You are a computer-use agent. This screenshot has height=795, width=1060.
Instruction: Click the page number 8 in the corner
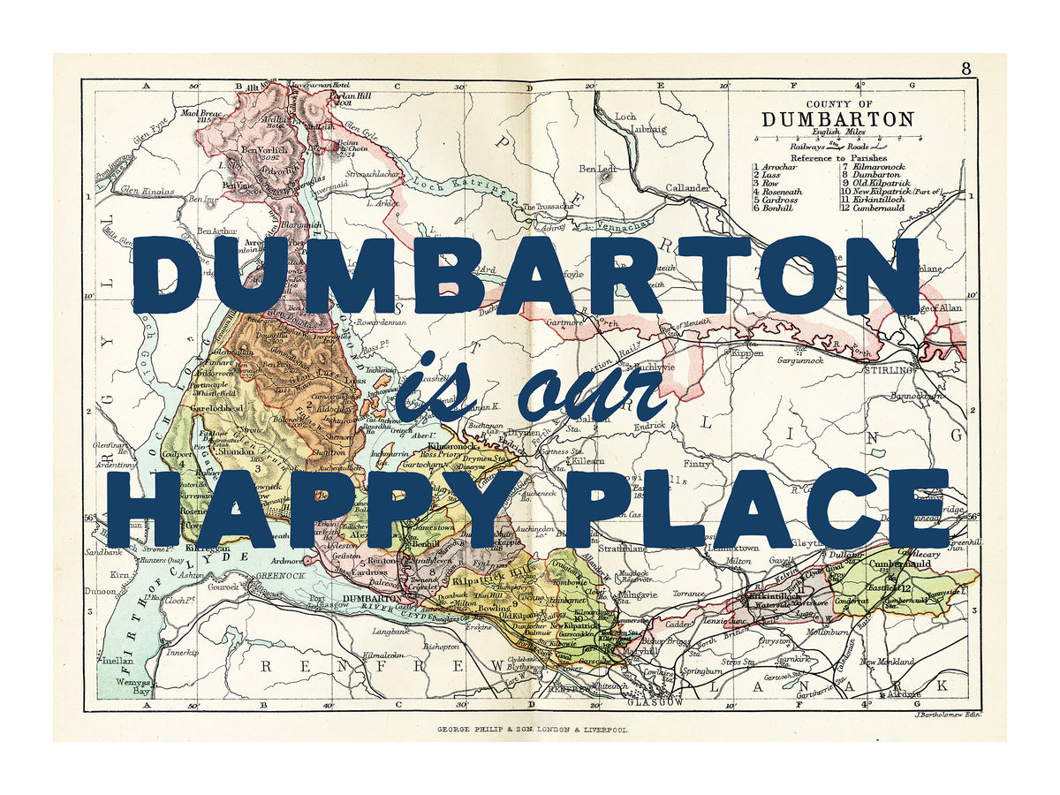click(x=966, y=68)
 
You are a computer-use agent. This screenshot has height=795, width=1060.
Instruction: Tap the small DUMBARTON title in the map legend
click(x=837, y=118)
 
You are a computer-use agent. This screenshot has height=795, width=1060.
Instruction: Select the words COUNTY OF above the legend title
click(x=837, y=102)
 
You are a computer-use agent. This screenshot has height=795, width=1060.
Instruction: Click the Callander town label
click(x=687, y=188)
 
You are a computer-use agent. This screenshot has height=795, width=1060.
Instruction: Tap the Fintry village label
click(x=697, y=463)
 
